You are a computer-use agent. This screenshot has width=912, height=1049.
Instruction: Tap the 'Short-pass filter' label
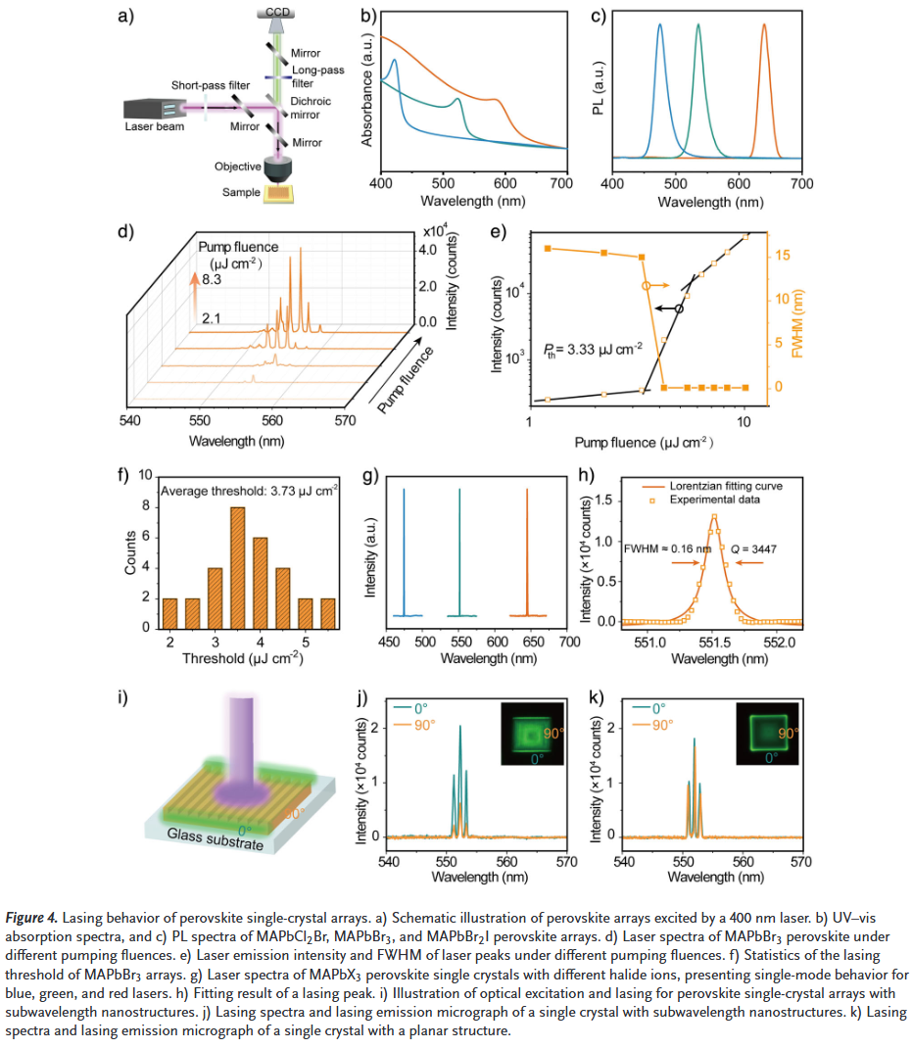pos(209,85)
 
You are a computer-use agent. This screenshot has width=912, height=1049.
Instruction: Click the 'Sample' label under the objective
pos(241,193)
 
